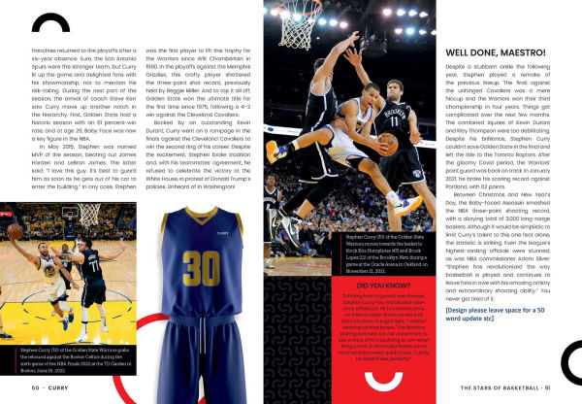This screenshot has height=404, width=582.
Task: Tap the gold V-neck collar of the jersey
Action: pos(203,216)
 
